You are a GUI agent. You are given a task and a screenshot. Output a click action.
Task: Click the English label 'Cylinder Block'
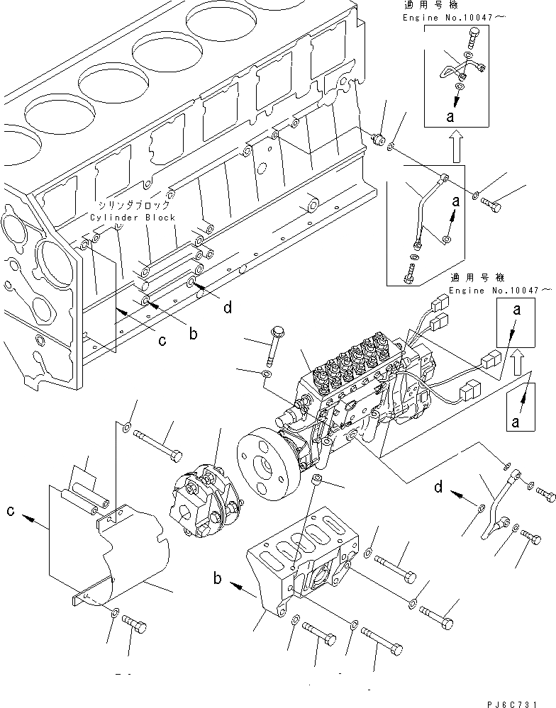(133, 218)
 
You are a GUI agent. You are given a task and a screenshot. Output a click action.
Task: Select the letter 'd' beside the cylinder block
(226, 308)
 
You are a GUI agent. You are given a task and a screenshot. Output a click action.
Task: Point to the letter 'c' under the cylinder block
(162, 341)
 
